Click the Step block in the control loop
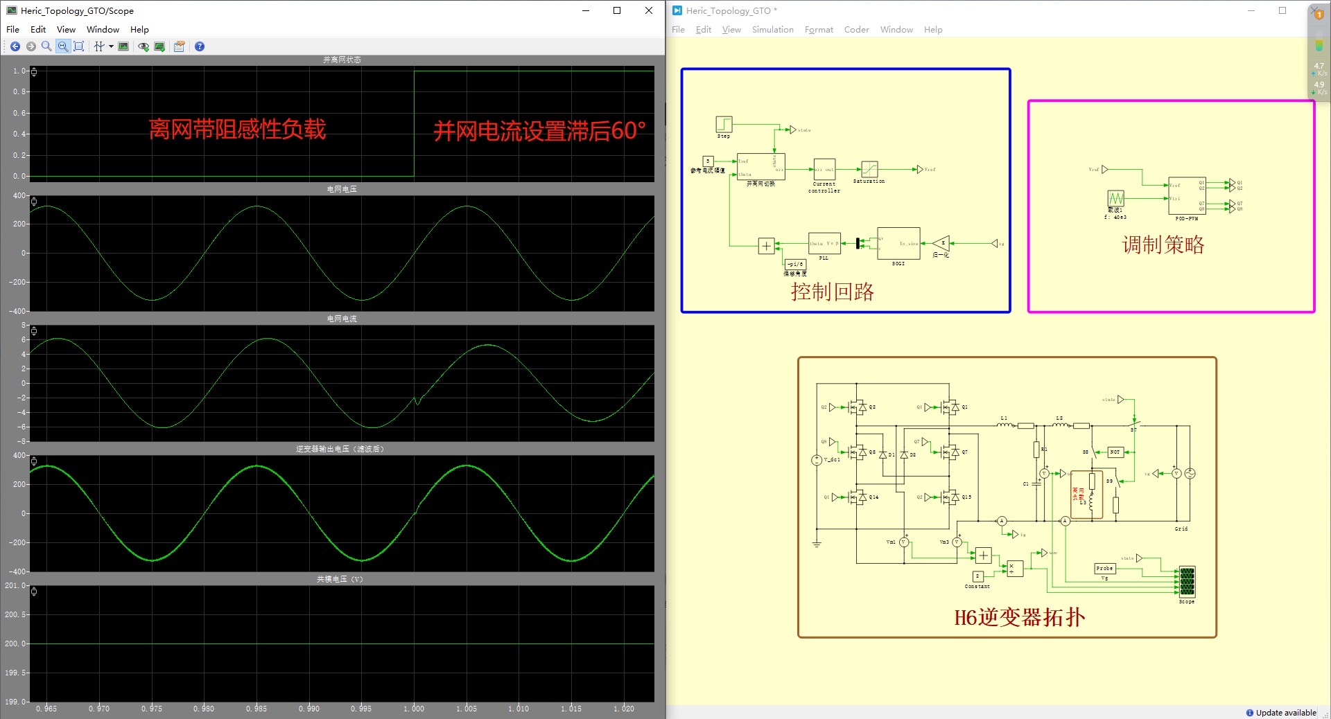pos(724,124)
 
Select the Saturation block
pos(869,169)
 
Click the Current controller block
pos(824,169)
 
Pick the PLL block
pos(824,244)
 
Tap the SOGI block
pos(898,244)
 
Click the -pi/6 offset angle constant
pos(795,264)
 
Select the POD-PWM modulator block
pos(1187,195)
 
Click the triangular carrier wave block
pos(1115,198)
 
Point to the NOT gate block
pos(1115,452)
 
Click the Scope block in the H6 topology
pos(1187,582)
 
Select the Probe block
pos(1104,569)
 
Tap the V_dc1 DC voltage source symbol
pos(817,460)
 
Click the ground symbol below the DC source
pos(817,544)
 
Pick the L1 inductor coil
pos(1004,425)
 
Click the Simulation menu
pos(772,30)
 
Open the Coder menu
pos(856,30)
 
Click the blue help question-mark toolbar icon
pos(200,46)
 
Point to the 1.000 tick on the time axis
pos(414,709)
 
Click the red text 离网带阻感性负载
pos(237,130)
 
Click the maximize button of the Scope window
pos(617,10)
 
